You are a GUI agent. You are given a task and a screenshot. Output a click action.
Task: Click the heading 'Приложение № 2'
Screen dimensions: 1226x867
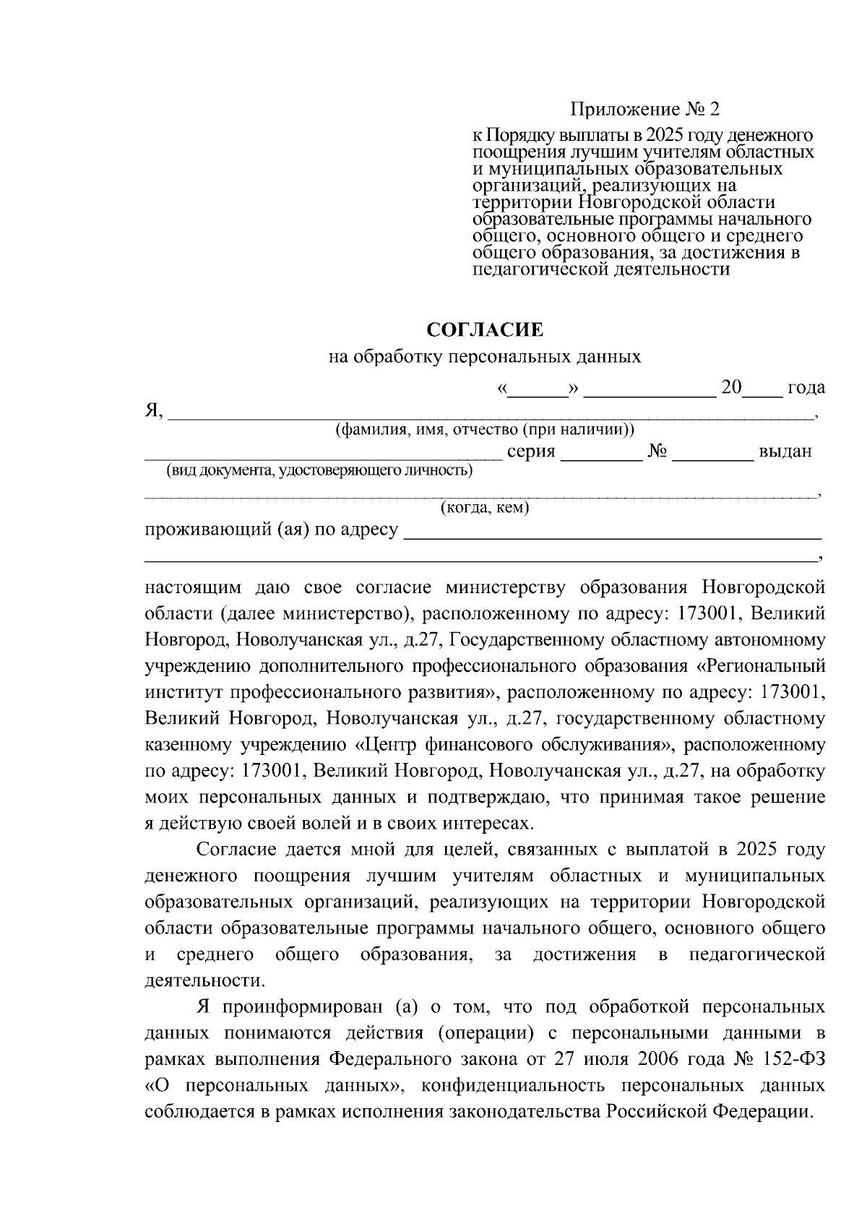(x=645, y=110)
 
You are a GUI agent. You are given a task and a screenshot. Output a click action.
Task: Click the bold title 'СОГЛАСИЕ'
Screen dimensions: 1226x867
(x=485, y=331)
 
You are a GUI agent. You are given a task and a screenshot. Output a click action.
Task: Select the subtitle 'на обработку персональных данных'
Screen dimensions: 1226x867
(x=485, y=357)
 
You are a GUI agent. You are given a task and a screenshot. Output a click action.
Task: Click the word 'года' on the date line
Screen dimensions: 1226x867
(x=806, y=388)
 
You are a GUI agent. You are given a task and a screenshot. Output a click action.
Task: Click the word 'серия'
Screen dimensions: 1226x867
(x=531, y=452)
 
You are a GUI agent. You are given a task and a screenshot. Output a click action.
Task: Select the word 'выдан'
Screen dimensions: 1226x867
(x=785, y=452)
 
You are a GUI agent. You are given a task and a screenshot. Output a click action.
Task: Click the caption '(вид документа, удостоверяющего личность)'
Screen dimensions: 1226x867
(x=320, y=472)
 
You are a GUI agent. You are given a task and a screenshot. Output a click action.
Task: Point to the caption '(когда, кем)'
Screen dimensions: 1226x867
(x=485, y=509)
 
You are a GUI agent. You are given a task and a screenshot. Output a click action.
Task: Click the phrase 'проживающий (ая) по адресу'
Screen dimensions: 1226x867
(x=271, y=530)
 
